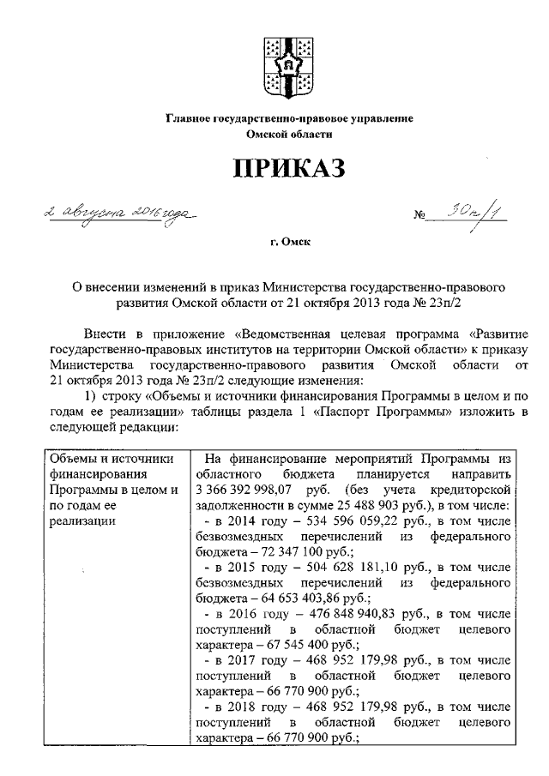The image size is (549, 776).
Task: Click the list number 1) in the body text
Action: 89,396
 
